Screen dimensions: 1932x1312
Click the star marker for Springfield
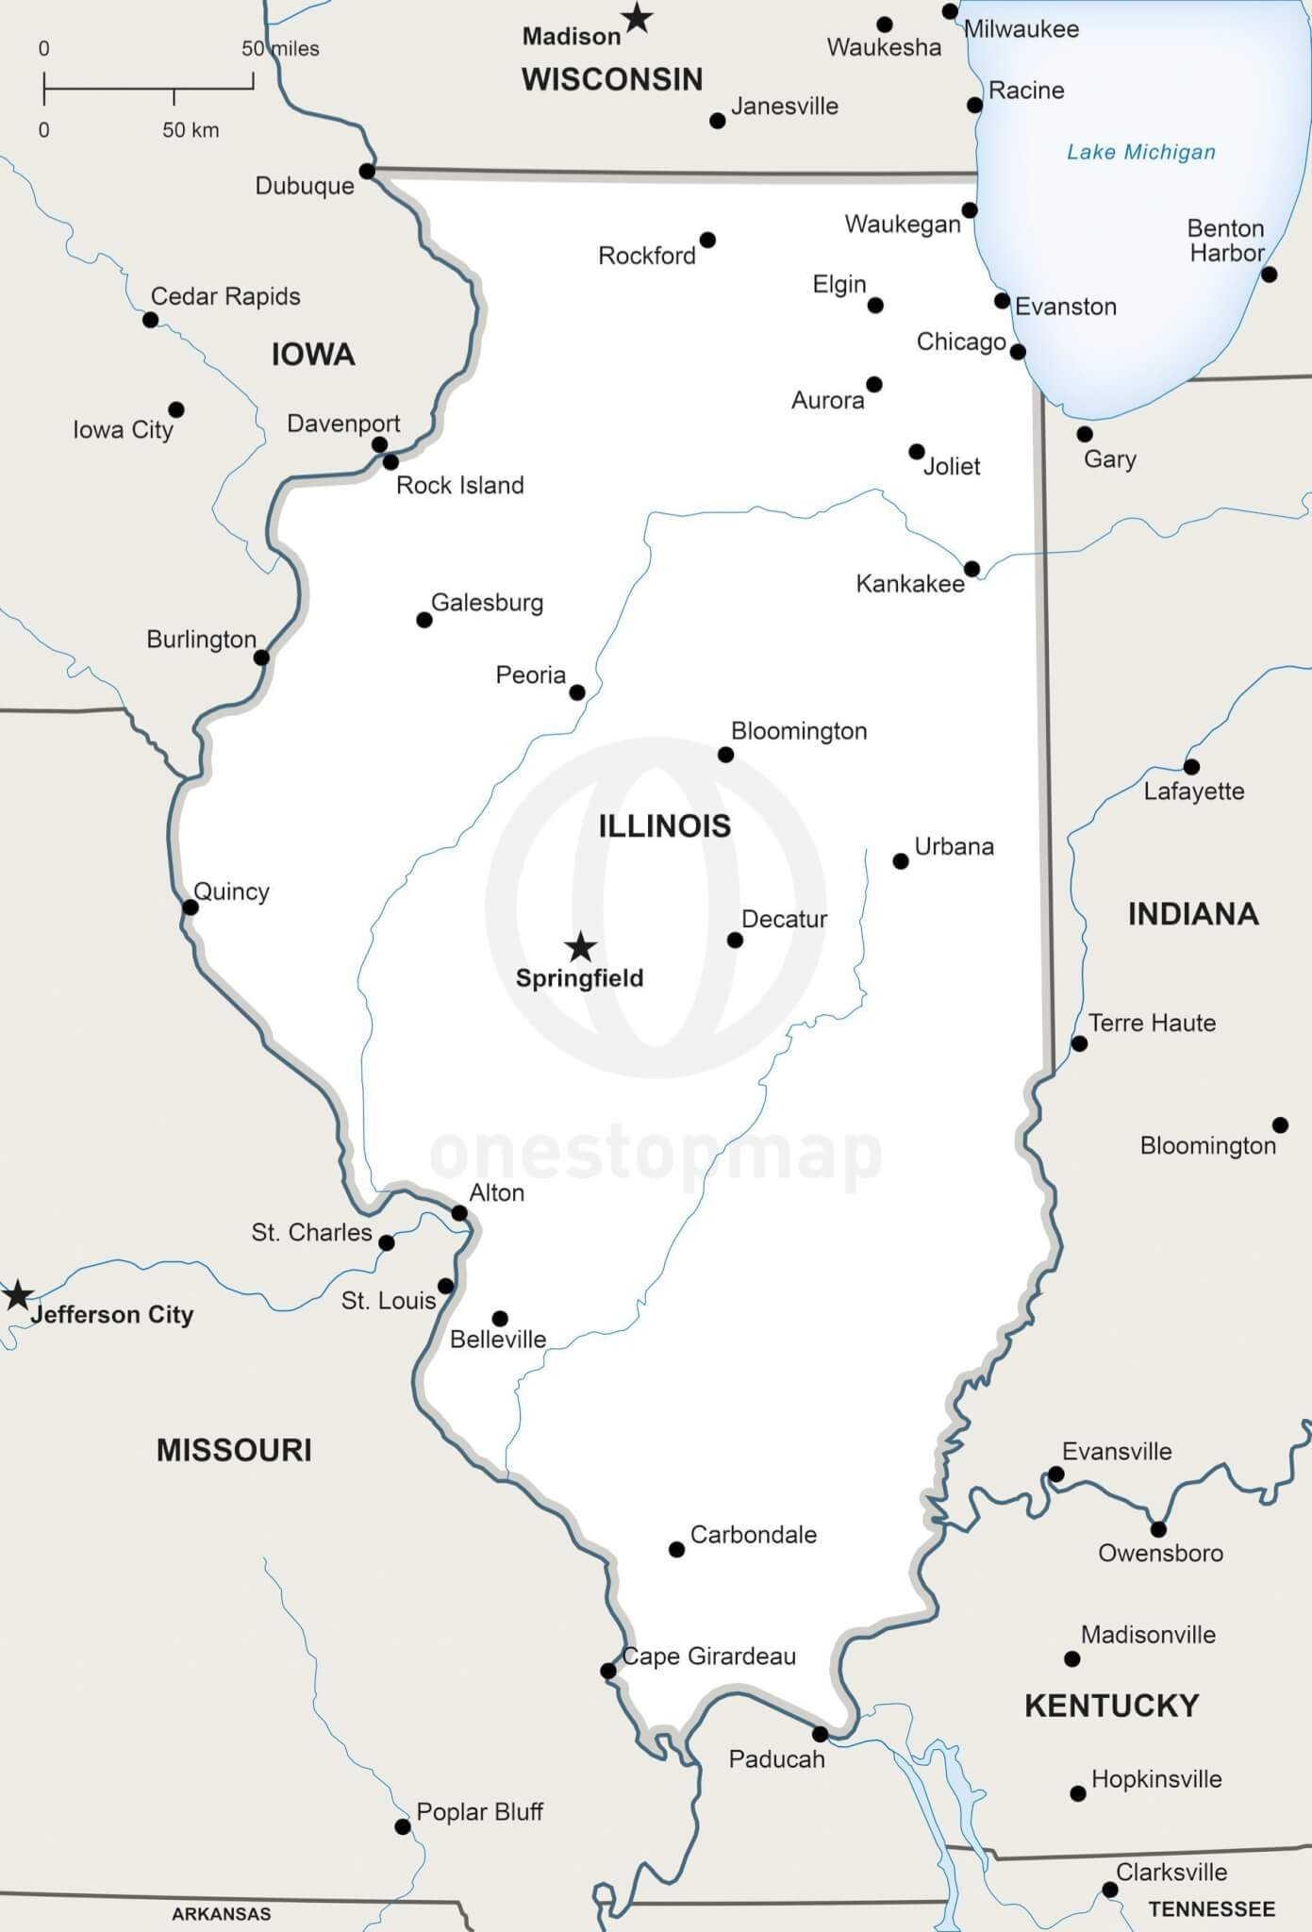click(x=580, y=946)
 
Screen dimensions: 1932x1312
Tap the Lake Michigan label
click(x=1140, y=152)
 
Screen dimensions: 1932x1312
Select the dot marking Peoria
click(x=577, y=692)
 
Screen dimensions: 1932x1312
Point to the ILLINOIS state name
click(x=664, y=825)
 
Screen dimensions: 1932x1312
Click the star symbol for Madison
click(x=638, y=17)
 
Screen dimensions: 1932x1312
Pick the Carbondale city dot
click(x=676, y=1549)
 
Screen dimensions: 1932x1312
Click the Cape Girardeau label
click(x=709, y=1656)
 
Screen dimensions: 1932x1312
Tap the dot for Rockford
click(x=707, y=240)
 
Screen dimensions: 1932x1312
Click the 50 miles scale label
click(x=280, y=48)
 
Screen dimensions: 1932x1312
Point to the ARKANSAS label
click(x=221, y=1914)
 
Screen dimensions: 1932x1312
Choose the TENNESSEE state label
click(x=1211, y=1908)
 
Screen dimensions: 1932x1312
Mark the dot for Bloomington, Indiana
click(x=1280, y=1124)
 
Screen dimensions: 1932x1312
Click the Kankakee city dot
click(x=972, y=568)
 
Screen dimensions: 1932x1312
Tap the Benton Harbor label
click(x=1225, y=241)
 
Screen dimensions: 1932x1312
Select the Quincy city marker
click(x=191, y=907)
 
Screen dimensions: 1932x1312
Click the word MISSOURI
click(x=234, y=1449)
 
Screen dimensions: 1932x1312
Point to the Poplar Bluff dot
click(x=403, y=1826)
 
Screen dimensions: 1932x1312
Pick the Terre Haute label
click(x=1152, y=1023)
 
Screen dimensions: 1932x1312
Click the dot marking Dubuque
click(x=367, y=171)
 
